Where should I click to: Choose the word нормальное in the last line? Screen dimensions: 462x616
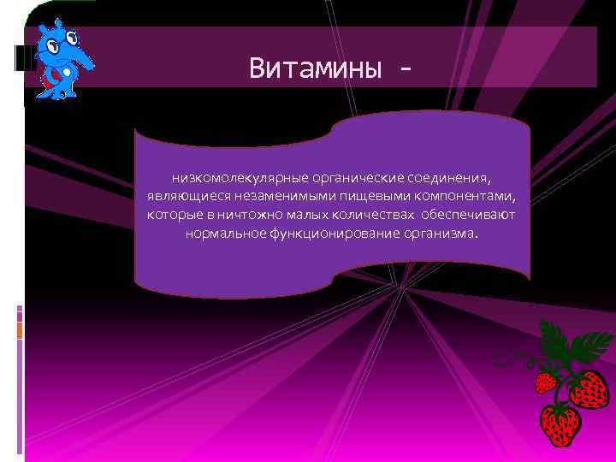point(222,231)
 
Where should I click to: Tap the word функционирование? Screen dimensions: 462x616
point(329,231)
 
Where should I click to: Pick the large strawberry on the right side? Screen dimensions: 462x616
point(589,389)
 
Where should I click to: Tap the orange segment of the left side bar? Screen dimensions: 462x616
point(20,328)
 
